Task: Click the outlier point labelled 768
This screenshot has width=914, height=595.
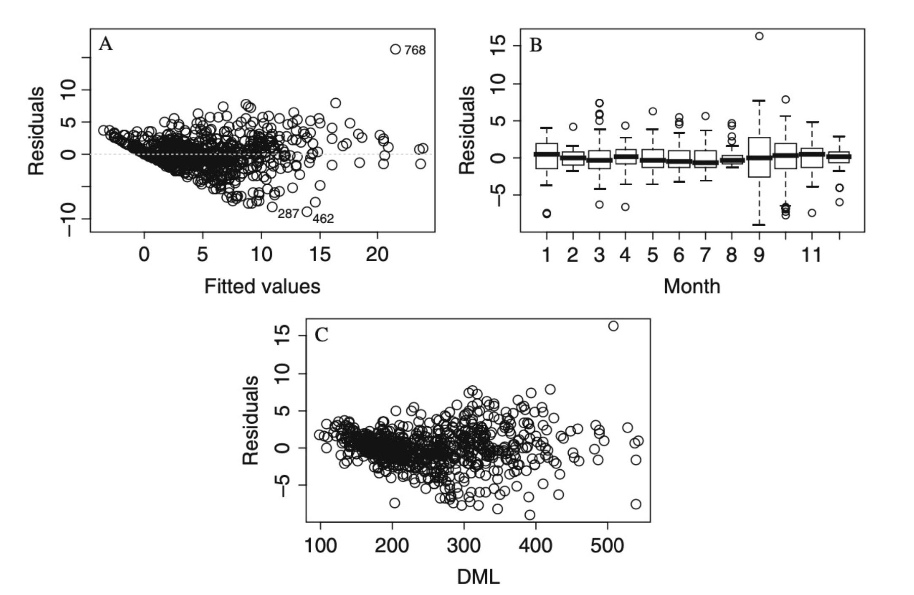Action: coord(395,49)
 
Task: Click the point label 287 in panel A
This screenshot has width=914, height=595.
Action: coord(288,214)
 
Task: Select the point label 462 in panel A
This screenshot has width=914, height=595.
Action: coord(323,219)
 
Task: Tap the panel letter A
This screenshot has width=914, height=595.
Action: coord(106,44)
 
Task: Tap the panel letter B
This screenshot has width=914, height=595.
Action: coord(535,45)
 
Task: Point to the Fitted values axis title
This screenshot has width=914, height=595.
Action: coord(262,287)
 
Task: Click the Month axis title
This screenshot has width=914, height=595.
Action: coord(692,287)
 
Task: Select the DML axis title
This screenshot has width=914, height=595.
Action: coord(478,577)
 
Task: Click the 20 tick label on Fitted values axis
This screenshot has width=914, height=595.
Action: coord(377,254)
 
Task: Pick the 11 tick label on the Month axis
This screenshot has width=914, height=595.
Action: coord(811,255)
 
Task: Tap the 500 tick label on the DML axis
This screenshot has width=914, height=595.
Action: coord(607,546)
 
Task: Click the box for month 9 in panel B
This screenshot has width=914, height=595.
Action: coord(759,157)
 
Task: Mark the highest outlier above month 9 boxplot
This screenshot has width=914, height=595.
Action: coord(759,36)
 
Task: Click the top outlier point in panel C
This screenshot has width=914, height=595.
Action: coord(613,326)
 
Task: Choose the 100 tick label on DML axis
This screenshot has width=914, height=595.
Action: coord(320,546)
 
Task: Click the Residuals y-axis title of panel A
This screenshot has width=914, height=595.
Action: coord(36,131)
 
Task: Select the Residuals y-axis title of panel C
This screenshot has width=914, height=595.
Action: coord(250,421)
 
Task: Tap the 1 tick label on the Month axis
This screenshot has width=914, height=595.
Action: coord(546,255)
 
